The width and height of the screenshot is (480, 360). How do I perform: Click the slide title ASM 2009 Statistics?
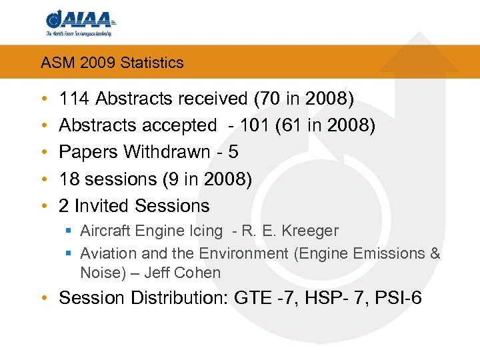pyautogui.click(x=112, y=63)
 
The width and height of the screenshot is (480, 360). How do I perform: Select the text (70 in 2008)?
pyautogui.click(x=304, y=99)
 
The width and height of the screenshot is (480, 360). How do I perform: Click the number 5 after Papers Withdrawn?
pyautogui.click(x=233, y=152)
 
